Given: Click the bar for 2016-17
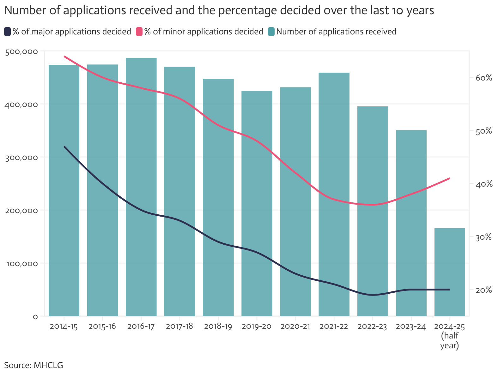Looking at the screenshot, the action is point(141,187).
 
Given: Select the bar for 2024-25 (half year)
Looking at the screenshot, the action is point(450,272).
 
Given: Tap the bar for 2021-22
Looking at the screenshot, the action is point(334,194).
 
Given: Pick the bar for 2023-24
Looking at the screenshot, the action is point(411,223).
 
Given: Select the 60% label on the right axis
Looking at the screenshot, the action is point(484,78).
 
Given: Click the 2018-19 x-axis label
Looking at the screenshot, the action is point(218,326).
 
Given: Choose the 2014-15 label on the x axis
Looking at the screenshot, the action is point(64,326).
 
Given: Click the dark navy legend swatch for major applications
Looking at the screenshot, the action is point(8,32).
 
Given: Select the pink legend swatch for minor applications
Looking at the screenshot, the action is point(139,32).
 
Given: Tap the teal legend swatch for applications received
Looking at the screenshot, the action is point(271,32).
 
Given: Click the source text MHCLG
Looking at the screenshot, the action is point(48,365).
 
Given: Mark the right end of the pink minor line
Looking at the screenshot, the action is point(449,178).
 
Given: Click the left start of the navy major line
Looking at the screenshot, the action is point(64,147).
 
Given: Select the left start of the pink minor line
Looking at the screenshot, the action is point(64,56).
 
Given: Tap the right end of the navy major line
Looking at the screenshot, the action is point(449,290).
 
